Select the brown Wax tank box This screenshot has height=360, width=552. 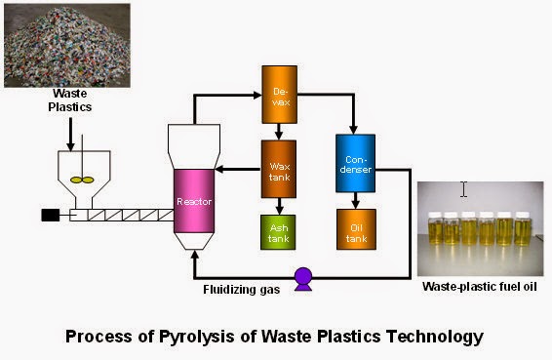click(278, 169)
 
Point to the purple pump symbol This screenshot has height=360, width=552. click(303, 279)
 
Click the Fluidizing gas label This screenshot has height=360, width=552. click(242, 290)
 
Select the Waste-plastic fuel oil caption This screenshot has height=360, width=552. click(478, 288)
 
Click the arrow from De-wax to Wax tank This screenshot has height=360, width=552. click(278, 128)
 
